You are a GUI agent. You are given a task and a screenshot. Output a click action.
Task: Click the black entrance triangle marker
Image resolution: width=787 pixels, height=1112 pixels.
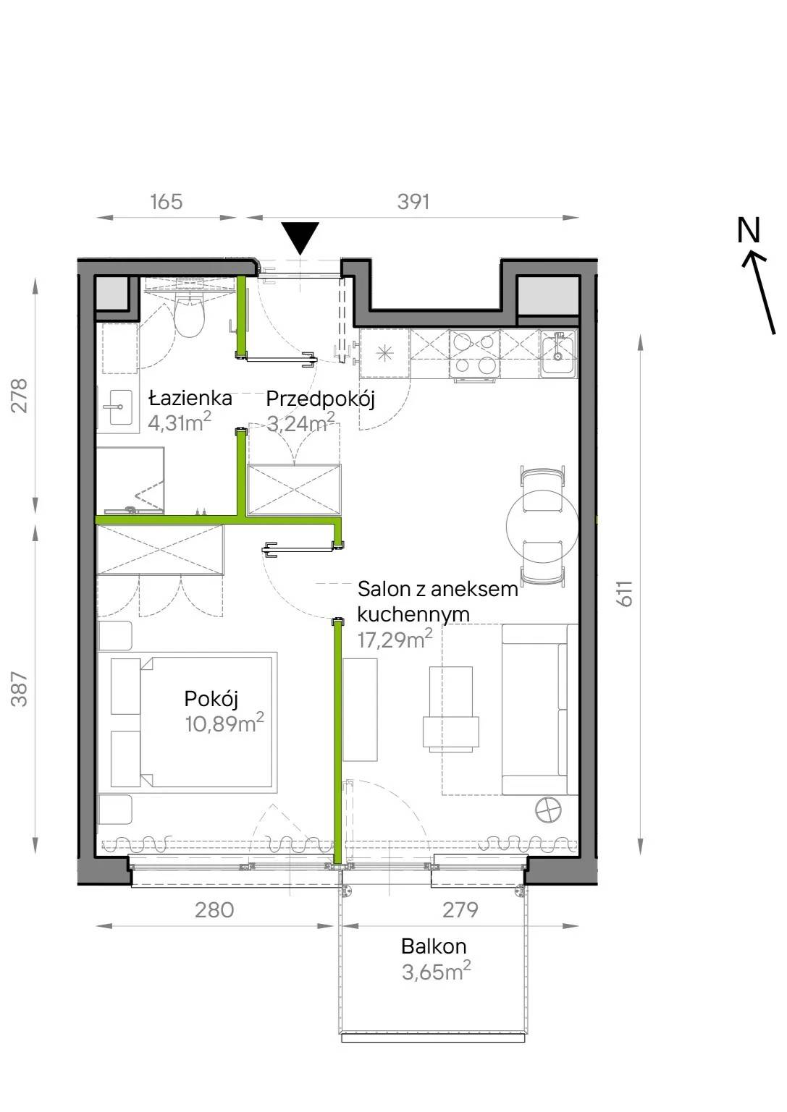[300, 238]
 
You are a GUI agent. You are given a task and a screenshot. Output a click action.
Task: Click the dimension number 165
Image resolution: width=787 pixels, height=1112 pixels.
[167, 202]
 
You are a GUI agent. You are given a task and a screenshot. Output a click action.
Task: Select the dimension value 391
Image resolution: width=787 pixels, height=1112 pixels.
[413, 202]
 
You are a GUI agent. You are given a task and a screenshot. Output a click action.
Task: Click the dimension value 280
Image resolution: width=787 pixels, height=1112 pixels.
[214, 910]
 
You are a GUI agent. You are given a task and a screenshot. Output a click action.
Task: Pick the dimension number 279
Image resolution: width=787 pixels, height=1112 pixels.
[460, 910]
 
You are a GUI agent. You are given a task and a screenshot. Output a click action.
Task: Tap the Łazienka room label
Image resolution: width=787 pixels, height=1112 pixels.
[190, 398]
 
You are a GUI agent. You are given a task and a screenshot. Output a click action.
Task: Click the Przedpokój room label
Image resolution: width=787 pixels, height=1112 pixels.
[321, 399]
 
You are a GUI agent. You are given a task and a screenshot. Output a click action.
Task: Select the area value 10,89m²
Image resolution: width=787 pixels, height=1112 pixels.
[224, 723]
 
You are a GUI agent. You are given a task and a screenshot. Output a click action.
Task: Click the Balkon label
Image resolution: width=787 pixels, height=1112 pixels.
[434, 946]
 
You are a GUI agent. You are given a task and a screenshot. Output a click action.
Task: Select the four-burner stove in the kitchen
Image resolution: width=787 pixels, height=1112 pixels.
[474, 354]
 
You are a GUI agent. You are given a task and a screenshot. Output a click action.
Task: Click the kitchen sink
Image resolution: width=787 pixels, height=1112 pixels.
[558, 354]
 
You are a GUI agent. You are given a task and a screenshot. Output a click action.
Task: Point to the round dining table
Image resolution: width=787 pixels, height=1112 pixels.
[542, 526]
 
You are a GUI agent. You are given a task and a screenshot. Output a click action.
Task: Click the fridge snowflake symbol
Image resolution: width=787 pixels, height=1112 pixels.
[385, 354]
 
